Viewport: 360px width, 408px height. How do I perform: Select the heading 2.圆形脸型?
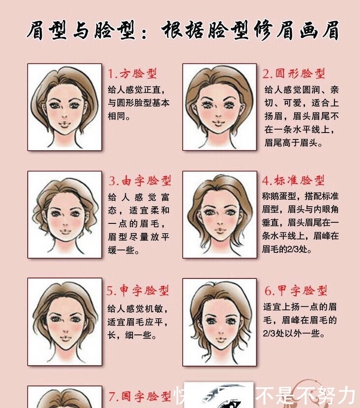[x=294, y=74]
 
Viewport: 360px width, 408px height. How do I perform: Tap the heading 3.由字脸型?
[x=140, y=181]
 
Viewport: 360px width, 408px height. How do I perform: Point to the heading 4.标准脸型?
[x=294, y=180]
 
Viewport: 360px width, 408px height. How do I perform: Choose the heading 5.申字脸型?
[x=138, y=291]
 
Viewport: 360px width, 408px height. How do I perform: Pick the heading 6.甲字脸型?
[x=296, y=291]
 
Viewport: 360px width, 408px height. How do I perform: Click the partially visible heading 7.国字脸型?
[x=139, y=395]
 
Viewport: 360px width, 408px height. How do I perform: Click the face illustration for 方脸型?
[x=64, y=107]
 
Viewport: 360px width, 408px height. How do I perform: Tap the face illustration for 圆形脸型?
[x=220, y=107]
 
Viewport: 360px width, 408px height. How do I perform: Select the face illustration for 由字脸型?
[x=64, y=215]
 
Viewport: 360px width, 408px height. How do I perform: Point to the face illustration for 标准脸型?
[x=220, y=215]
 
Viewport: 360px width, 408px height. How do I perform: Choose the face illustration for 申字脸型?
[x=64, y=322]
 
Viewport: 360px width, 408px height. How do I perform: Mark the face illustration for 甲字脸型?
[x=220, y=322]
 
